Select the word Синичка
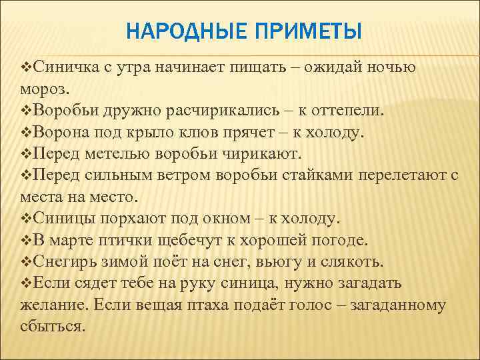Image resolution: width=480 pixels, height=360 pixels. point(65,67)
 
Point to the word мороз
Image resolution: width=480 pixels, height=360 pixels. point(45,88)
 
